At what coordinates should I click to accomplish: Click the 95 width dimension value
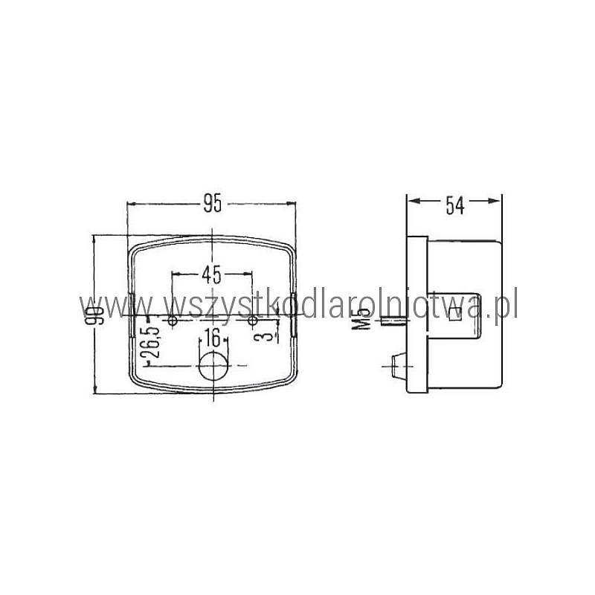[x=213, y=203]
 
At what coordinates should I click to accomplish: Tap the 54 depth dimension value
[x=454, y=205]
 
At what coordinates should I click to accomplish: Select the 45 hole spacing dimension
[x=211, y=274]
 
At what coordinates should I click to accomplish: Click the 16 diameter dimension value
[x=213, y=338]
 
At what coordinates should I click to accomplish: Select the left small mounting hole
[x=173, y=321]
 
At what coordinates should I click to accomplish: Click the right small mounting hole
[x=252, y=321]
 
